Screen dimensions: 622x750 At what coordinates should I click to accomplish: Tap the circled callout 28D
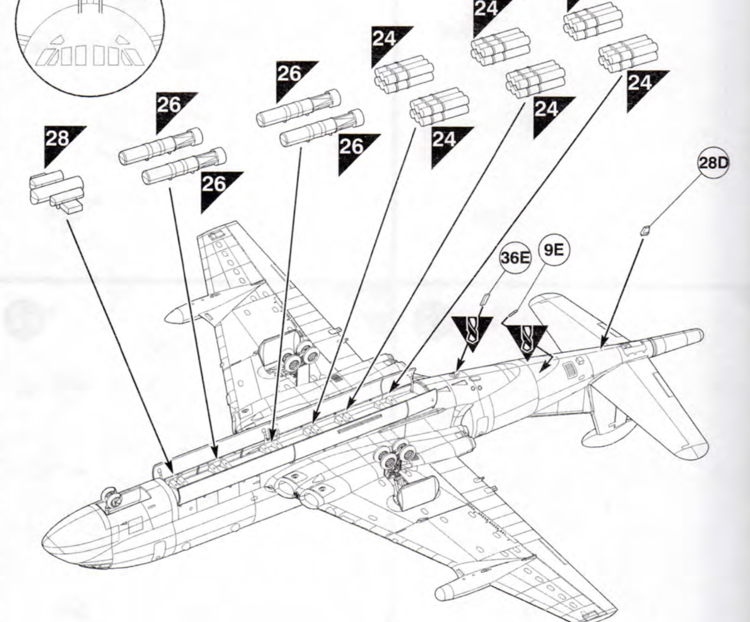click(x=713, y=163)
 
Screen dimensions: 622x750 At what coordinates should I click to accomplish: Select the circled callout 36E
click(x=515, y=258)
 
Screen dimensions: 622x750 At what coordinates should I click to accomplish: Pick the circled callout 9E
click(x=553, y=250)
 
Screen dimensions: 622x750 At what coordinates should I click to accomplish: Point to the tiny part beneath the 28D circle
click(x=645, y=230)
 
